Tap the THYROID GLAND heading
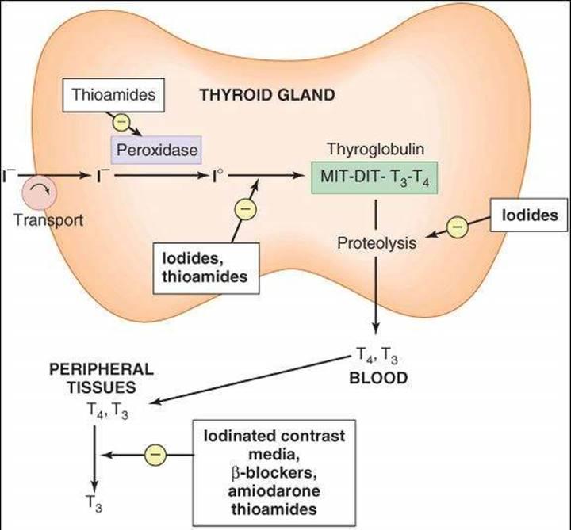tap(267, 96)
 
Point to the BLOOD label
tap(378, 377)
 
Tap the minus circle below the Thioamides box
tap(121, 123)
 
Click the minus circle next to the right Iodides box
tap(457, 227)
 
